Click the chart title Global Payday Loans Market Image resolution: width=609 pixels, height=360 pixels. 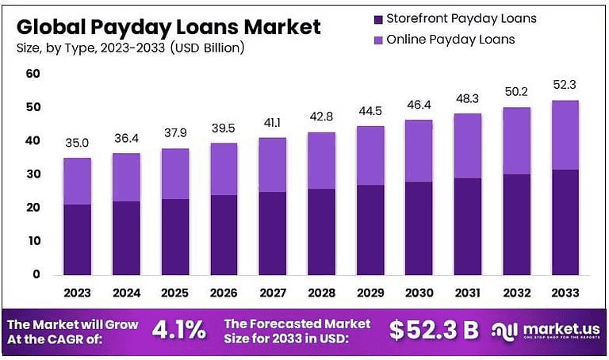pos(168,26)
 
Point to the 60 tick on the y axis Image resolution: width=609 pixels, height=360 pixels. pos(33,74)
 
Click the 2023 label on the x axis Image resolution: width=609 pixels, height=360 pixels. pos(78,292)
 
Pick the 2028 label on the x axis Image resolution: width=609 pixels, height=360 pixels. pos(320,292)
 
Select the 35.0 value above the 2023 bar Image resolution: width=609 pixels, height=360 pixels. pos(77,144)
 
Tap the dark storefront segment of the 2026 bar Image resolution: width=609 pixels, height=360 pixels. pos(223,234)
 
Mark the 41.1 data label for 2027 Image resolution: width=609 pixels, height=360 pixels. pos(271,124)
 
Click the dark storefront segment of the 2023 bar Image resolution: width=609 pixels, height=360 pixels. pos(77,239)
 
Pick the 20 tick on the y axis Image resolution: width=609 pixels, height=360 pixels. pos(33,208)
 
